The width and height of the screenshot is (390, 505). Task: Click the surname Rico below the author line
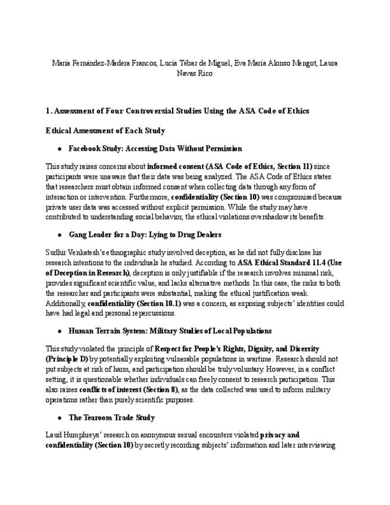click(205, 74)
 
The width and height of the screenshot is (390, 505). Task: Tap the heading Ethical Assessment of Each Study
click(105, 130)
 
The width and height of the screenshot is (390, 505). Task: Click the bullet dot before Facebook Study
click(60, 148)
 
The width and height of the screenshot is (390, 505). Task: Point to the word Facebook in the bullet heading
click(85, 148)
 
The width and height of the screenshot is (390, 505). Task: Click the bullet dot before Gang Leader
click(60, 235)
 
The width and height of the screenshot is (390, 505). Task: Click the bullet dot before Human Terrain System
click(60, 331)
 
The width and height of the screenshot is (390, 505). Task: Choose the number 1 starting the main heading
click(48, 111)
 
